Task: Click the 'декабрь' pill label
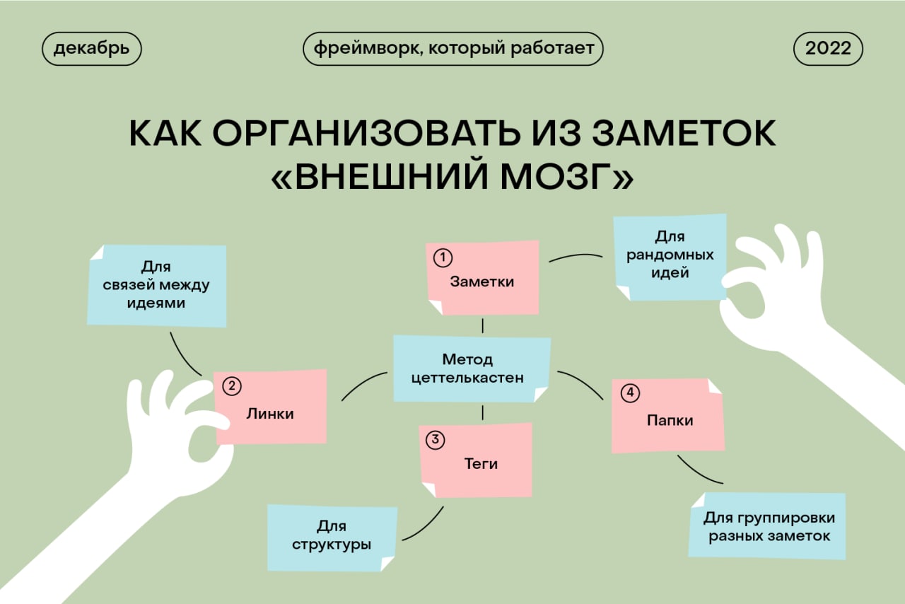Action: click(92, 49)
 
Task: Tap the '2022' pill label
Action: click(828, 49)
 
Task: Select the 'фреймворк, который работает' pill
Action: click(453, 49)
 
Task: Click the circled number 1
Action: click(443, 257)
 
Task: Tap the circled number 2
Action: click(232, 386)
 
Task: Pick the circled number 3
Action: click(436, 440)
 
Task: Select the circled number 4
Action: click(630, 393)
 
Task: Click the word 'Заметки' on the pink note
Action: click(482, 281)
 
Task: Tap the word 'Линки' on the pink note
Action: click(270, 414)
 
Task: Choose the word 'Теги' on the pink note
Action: click(481, 464)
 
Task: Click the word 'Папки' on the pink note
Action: click(670, 420)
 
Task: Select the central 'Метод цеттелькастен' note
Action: click(472, 368)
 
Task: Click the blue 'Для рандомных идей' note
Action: click(670, 257)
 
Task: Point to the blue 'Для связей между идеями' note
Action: click(157, 286)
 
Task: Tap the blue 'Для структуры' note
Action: click(332, 538)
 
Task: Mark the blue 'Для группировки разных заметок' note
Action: click(767, 526)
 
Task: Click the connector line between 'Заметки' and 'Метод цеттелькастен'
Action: click(482, 325)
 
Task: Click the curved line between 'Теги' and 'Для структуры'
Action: click(426, 527)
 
